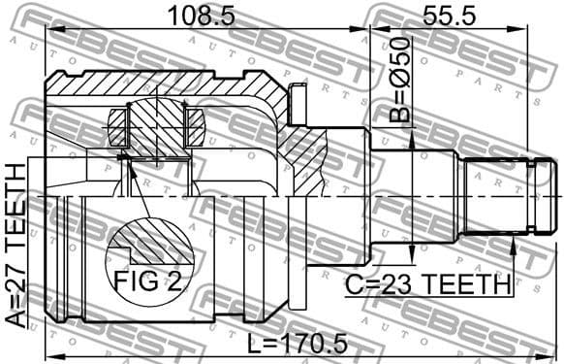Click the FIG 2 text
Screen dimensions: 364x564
click(148, 281)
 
